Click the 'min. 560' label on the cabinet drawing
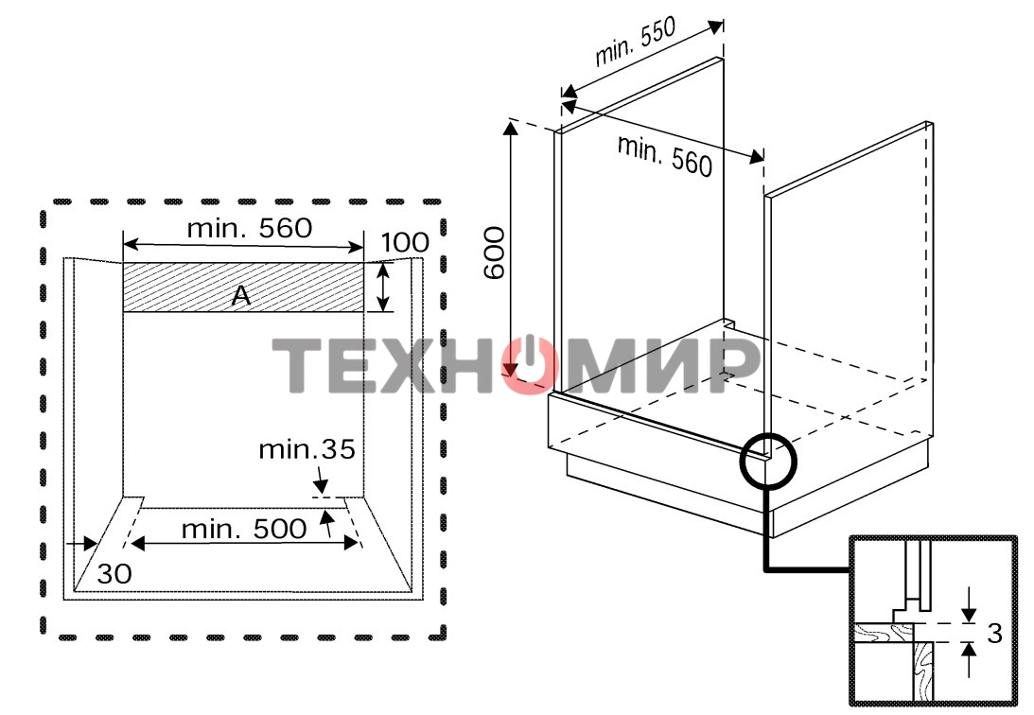[663, 154]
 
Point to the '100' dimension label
[404, 243]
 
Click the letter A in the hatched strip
[241, 297]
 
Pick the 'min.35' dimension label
[307, 449]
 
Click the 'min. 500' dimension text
[244, 529]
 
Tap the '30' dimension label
[114, 573]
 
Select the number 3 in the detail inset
[993, 634]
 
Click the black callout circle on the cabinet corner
[769, 462]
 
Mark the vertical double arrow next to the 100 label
[383, 288]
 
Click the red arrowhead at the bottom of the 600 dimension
[512, 370]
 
